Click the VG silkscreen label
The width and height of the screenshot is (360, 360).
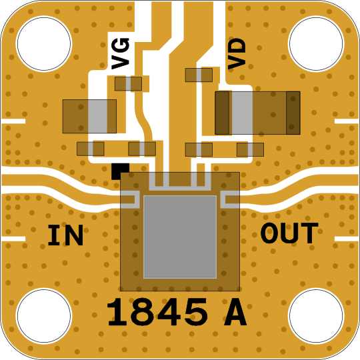pos(120,53)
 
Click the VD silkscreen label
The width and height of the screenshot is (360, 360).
pos(237,53)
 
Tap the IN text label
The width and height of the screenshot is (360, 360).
pos(65,235)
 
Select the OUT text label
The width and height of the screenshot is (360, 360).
pos(289,233)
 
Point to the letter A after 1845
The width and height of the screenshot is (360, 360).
pos(235,312)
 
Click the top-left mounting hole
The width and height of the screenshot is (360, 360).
pos(44,43)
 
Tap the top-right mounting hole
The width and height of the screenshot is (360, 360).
pos(316,43)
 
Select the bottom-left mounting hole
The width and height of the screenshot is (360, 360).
pos(44,316)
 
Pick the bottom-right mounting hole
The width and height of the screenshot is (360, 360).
pos(316,316)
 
